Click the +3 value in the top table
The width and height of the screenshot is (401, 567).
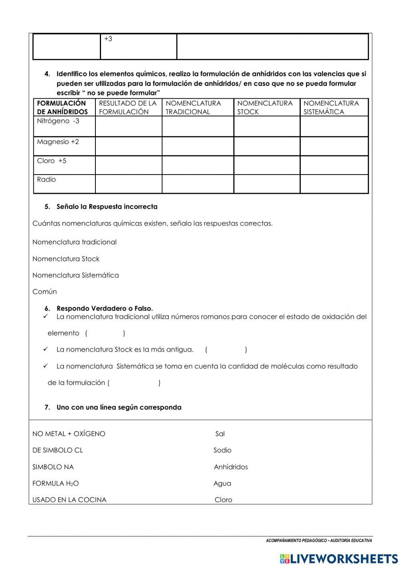coord(108,39)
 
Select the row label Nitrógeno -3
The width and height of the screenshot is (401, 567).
coord(58,121)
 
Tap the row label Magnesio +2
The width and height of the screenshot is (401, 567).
coord(58,142)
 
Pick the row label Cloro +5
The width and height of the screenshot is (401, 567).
coord(52,161)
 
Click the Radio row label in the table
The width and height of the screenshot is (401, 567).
coord(47,179)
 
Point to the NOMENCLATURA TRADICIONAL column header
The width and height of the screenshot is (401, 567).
coord(193,108)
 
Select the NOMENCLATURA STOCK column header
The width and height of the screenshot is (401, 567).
coord(265,108)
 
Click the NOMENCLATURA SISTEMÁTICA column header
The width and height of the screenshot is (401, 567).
coord(331,108)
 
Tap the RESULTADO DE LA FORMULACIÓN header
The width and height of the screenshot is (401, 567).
coord(128,108)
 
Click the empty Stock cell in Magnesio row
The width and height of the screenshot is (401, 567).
coord(267,146)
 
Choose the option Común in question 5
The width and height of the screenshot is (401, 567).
coord(45,292)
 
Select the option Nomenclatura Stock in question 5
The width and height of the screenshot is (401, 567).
coord(66,259)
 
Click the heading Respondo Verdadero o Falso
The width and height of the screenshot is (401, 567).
coord(105,309)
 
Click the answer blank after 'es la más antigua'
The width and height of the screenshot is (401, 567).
coord(226,350)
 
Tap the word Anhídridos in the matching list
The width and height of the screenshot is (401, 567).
coord(231,467)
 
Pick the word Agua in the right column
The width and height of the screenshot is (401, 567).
coord(222,484)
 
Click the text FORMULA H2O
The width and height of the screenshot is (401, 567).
coord(55,484)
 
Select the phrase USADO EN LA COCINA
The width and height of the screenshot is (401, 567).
coord(69,500)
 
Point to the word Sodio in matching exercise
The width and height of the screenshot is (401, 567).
coord(222,450)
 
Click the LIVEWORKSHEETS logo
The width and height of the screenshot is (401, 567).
coord(339,559)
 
